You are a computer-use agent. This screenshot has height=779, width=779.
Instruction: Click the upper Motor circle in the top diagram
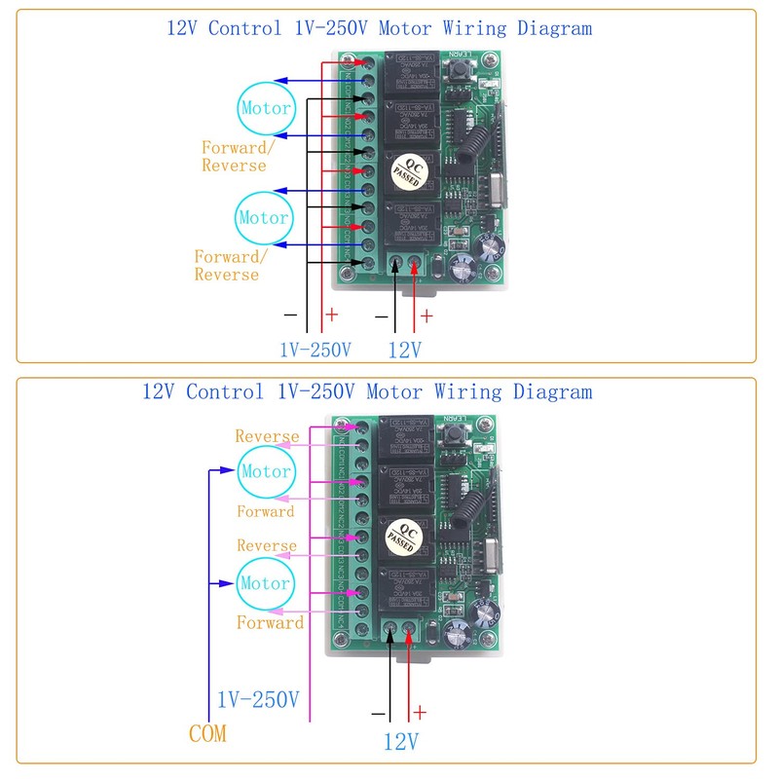(265, 108)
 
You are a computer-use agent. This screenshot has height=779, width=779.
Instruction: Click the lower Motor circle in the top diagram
(264, 218)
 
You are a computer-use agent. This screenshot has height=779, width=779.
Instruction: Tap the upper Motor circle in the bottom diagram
(266, 471)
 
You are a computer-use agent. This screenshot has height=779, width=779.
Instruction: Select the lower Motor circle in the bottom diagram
(265, 583)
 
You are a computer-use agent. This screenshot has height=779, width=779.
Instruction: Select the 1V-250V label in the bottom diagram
(257, 699)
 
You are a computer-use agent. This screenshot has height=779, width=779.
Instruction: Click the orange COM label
(206, 733)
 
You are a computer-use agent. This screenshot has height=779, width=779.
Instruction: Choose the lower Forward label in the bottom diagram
(270, 622)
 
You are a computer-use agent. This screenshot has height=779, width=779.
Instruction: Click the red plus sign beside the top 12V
(426, 316)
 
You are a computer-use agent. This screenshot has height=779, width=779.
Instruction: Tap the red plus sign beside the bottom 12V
(420, 712)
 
